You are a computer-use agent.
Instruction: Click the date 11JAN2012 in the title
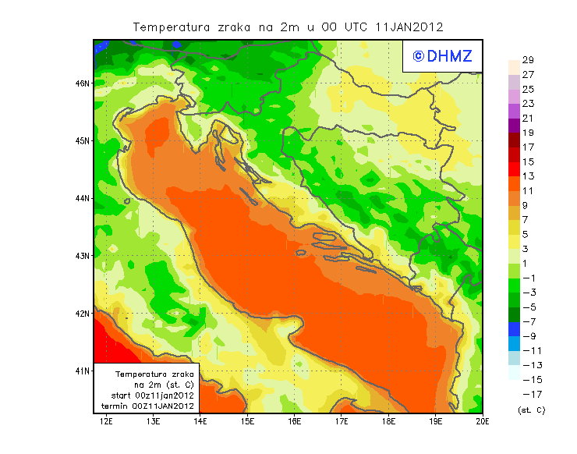(x=409, y=27)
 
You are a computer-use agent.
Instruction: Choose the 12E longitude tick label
(x=106, y=422)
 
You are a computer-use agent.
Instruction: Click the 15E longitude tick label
(x=247, y=422)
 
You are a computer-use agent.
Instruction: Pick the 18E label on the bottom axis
(x=388, y=422)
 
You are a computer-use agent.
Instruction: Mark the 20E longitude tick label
(x=483, y=422)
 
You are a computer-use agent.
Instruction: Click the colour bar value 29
(x=527, y=60)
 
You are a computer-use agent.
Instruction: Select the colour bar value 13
(x=527, y=176)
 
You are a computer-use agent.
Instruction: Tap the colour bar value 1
(x=527, y=264)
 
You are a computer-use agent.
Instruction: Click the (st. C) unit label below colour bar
(x=531, y=409)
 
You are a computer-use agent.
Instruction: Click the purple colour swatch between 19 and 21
(x=513, y=126)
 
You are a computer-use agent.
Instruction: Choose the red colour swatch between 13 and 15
(x=513, y=169)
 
